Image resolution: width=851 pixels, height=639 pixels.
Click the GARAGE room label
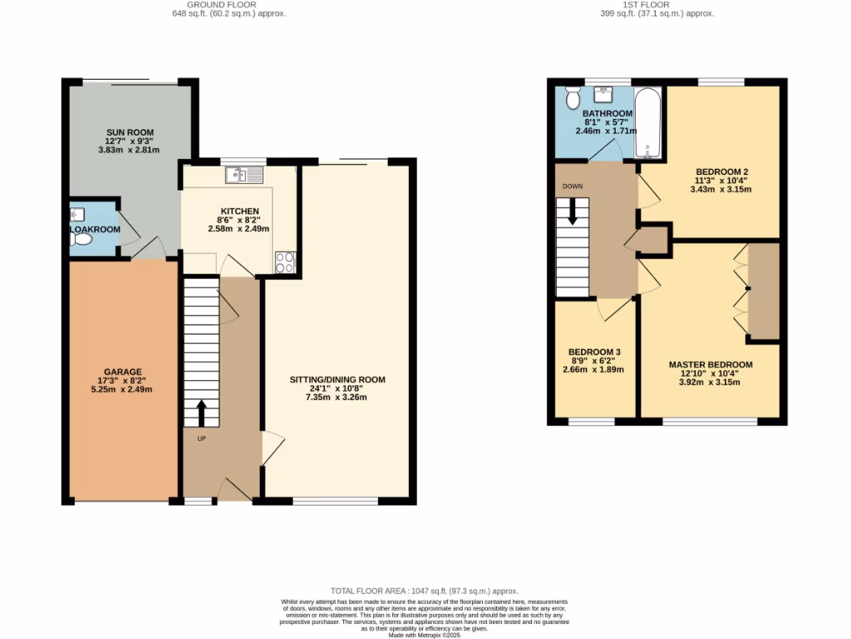(122, 372)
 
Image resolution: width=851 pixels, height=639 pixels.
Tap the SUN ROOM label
(130, 132)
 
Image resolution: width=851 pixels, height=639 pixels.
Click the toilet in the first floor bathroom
(573, 99)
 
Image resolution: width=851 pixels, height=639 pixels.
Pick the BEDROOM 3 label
(594, 352)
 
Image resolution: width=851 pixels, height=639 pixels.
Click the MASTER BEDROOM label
(711, 364)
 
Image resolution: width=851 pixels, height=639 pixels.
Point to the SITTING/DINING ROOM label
(337, 380)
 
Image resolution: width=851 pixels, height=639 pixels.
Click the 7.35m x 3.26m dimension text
(337, 398)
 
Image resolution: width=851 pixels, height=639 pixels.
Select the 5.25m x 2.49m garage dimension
(122, 389)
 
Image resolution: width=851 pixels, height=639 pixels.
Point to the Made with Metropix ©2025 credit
(425, 634)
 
